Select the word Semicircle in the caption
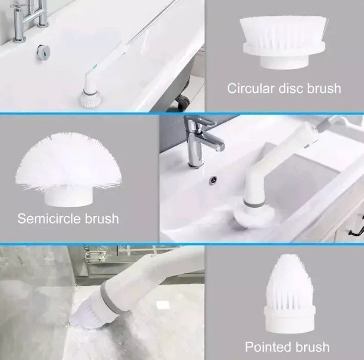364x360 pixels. coord(50,218)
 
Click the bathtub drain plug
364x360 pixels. coord(44,52)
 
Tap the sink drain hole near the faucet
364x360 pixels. coord(213,180)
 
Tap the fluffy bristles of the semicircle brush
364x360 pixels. coord(68,162)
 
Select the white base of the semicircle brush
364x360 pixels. coord(69,196)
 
